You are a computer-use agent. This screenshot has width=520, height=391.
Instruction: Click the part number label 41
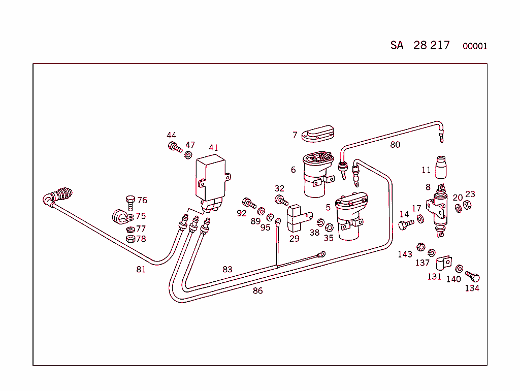pyautogui.click(x=213, y=148)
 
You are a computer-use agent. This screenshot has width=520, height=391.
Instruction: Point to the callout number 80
pyautogui.click(x=395, y=145)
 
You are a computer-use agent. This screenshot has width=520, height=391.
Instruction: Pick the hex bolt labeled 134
pyautogui.click(x=473, y=277)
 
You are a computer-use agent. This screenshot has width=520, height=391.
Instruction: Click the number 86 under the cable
pyautogui.click(x=258, y=291)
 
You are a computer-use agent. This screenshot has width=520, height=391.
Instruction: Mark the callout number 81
pyautogui.click(x=141, y=270)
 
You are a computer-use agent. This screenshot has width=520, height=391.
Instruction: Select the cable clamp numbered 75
pyautogui.click(x=119, y=216)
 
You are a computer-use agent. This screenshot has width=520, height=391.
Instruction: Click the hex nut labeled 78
pyautogui.click(x=129, y=239)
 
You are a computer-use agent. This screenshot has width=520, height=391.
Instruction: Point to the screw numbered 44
pyautogui.click(x=174, y=147)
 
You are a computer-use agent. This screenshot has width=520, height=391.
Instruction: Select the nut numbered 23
pyautogui.click(x=468, y=205)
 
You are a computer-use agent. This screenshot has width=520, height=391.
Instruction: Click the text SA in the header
pyautogui.click(x=397, y=45)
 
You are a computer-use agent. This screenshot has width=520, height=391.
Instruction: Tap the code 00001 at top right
pyautogui.click(x=475, y=46)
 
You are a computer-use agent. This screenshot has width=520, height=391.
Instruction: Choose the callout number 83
pyautogui.click(x=227, y=269)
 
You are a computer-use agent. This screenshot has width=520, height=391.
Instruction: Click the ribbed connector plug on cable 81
pyautogui.click(x=62, y=194)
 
